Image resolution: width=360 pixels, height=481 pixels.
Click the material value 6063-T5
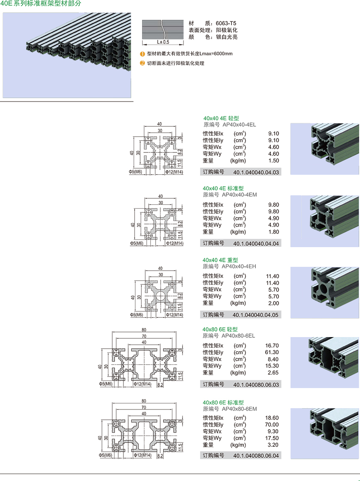pyautogui.click(x=226, y=24)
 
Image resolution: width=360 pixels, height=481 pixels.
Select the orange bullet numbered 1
pyautogui.click(x=143, y=54)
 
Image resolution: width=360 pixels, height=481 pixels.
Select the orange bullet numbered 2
pyautogui.click(x=143, y=63)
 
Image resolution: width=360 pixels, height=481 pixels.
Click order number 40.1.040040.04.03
pyautogui.click(x=256, y=173)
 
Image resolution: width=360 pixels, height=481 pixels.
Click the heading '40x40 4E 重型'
pyautogui.click(x=220, y=260)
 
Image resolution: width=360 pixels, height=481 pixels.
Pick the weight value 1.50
pyautogui.click(x=273, y=161)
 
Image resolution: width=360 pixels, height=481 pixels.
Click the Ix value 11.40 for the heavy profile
pyautogui.click(x=272, y=276)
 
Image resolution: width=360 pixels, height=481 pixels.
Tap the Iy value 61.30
pyautogui.click(x=272, y=353)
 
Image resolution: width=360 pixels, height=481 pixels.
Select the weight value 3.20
pyautogui.click(x=273, y=445)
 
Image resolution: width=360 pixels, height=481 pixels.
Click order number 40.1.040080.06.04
pyautogui.click(x=256, y=456)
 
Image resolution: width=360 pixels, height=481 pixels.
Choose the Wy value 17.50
pyautogui.click(x=272, y=438)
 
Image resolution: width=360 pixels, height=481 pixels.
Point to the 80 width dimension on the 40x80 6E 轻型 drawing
pyautogui.click(x=144, y=330)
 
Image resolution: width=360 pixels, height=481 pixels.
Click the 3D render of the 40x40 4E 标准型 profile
pyautogui.click(x=324, y=221)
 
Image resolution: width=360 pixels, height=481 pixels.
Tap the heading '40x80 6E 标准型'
pyautogui.click(x=223, y=403)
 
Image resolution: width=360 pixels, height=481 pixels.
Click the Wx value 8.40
pyautogui.click(x=273, y=359)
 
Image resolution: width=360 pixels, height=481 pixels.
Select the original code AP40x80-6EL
pyautogui.click(x=238, y=336)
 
